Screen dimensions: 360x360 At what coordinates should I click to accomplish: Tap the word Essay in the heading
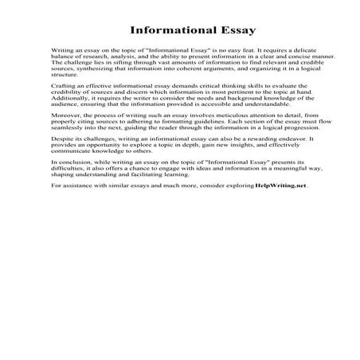[x=231, y=33]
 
